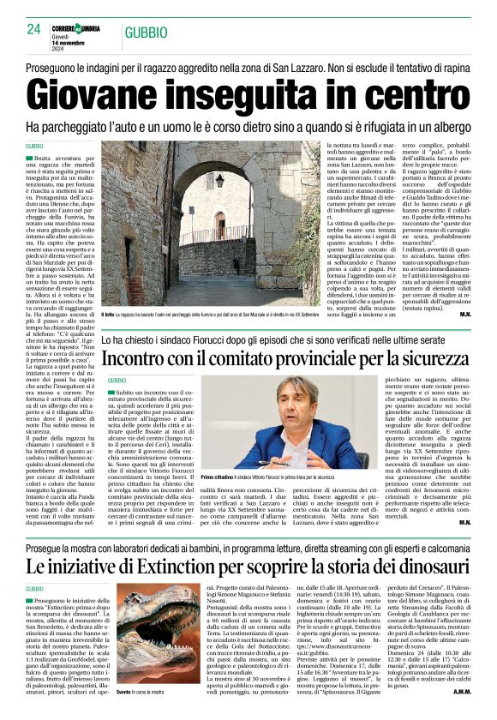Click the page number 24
point(35,29)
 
